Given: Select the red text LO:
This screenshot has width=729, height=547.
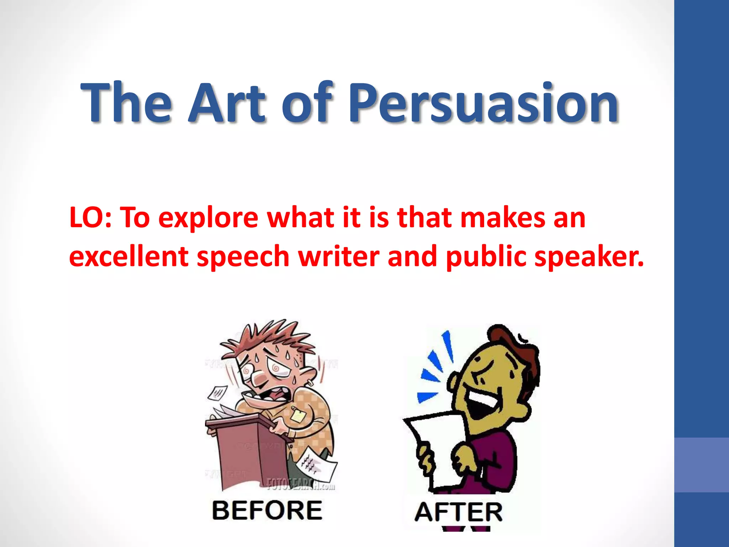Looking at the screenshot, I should [x=90, y=218].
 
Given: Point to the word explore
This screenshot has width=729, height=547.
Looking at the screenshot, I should [x=208, y=218].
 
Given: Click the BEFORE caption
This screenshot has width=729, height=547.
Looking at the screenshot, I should [x=267, y=510].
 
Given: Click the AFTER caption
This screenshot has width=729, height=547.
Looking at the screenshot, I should [x=458, y=512].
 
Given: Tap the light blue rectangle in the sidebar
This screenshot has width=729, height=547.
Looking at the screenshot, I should [x=701, y=465].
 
